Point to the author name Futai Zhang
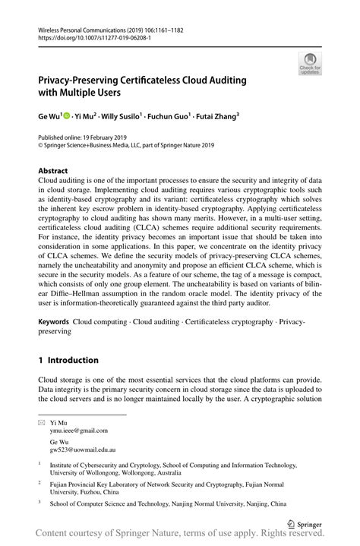(x=216, y=117)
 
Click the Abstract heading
(x=52, y=171)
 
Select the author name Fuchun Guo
(x=169, y=117)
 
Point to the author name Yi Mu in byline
(x=87, y=117)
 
